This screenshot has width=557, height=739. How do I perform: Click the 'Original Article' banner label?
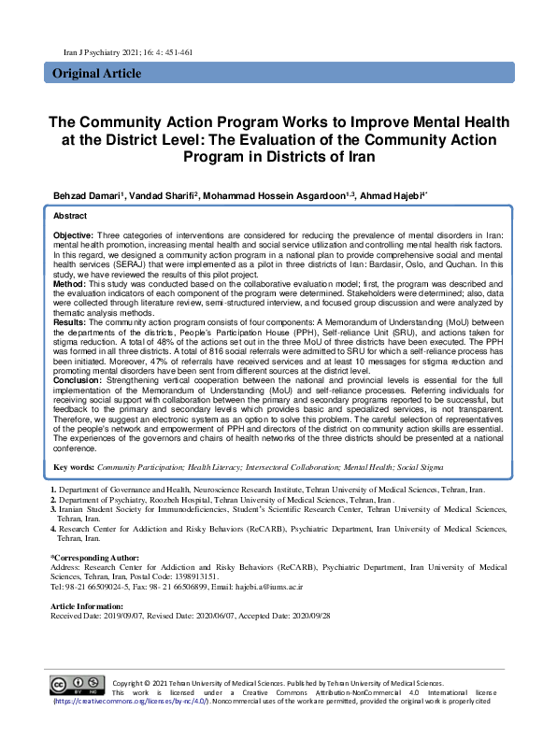click(x=96, y=74)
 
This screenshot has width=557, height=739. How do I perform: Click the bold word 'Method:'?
click(x=68, y=283)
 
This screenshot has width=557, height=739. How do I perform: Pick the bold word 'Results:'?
click(x=70, y=320)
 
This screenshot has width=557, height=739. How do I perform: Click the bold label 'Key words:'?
click(x=74, y=466)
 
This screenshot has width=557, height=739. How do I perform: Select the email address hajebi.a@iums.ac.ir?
click(x=350, y=586)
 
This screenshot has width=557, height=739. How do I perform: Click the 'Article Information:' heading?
click(x=87, y=605)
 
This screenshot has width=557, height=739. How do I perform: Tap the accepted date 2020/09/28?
click(x=310, y=615)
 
